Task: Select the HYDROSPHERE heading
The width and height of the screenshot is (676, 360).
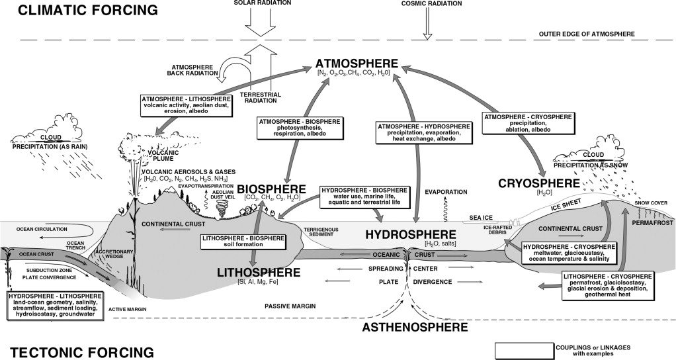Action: [x=411, y=234]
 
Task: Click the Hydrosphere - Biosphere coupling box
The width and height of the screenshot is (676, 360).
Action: [x=364, y=197]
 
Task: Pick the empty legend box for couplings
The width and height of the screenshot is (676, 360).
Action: [x=524, y=349]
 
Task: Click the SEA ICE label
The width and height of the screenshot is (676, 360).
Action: [x=481, y=216]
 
